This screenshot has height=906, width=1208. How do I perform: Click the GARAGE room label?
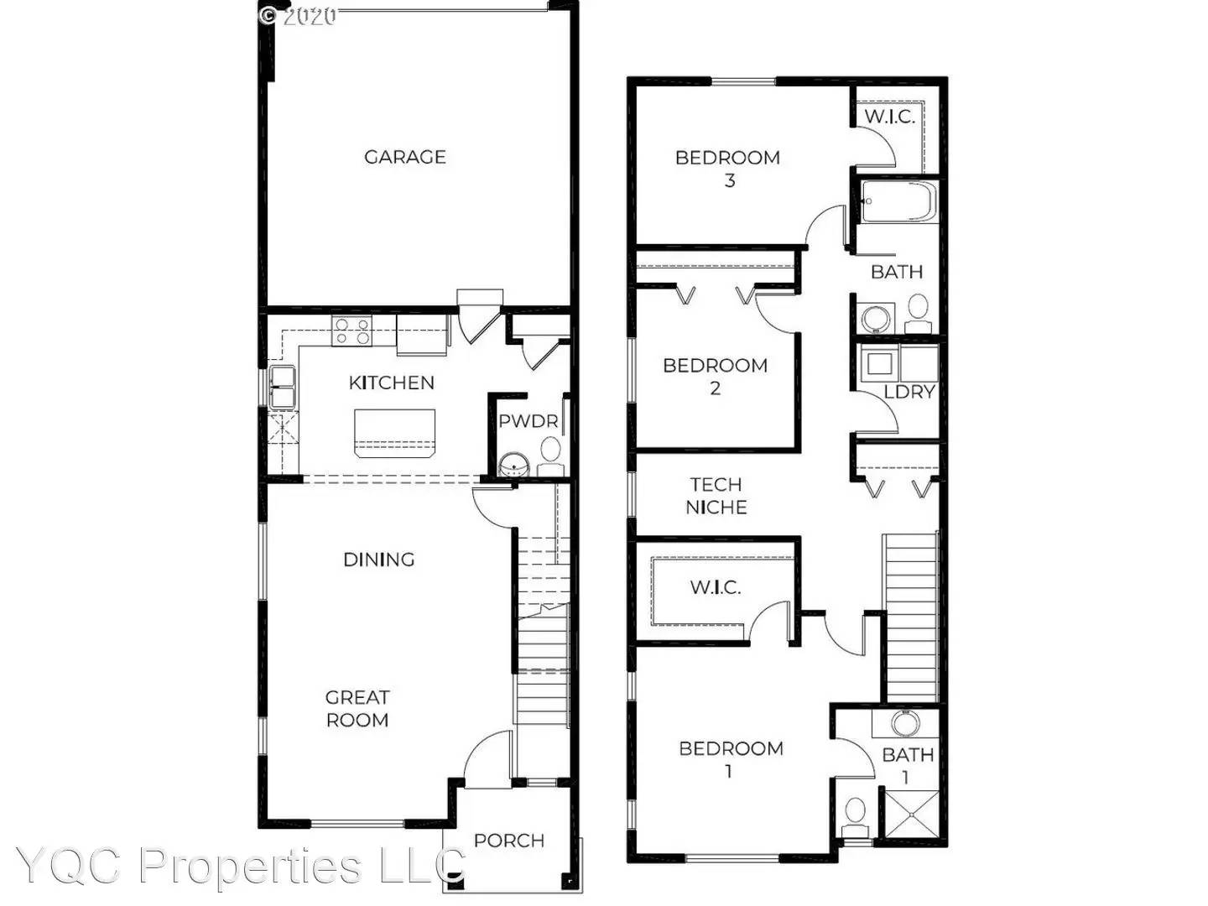click(x=404, y=157)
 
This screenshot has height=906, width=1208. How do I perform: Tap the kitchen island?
click(x=394, y=432)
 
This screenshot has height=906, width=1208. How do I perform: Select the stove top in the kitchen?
click(x=351, y=331)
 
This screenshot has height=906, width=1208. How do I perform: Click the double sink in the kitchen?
click(x=282, y=387)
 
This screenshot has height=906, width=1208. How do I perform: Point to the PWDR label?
click(x=528, y=420)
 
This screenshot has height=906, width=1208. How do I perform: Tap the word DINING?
click(x=379, y=560)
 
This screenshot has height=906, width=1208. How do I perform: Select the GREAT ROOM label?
click(x=357, y=708)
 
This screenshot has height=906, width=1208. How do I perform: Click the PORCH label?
click(x=509, y=841)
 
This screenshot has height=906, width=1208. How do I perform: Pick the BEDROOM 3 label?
click(x=728, y=168)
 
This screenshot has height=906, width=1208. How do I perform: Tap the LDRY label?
click(x=909, y=392)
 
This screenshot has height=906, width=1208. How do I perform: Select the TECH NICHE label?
click(x=716, y=495)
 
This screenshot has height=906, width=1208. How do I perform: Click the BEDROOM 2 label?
click(x=715, y=376)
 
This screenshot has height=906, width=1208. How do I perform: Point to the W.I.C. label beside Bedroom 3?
click(x=890, y=117)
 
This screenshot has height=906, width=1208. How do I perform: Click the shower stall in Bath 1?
click(x=910, y=813)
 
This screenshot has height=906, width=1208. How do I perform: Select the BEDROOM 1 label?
click(x=731, y=758)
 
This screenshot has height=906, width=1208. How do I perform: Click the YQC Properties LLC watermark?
click(x=241, y=866)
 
